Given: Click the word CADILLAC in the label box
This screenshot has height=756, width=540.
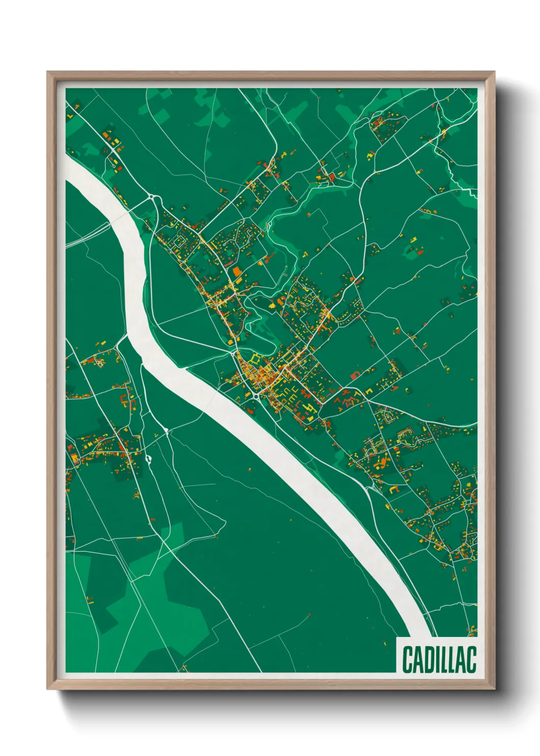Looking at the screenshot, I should point(439,659).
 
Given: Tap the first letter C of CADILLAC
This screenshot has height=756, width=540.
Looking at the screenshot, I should point(407,659).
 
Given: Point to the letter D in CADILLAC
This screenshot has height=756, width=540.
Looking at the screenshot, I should point(428,659).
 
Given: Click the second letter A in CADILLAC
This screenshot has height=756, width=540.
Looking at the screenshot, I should point(461,659).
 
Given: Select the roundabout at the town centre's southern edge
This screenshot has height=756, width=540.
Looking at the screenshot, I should point(255,395).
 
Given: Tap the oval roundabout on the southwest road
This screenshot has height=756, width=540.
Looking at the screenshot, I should point(149,459).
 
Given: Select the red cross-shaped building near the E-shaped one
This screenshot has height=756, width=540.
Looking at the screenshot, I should point(305,394).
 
